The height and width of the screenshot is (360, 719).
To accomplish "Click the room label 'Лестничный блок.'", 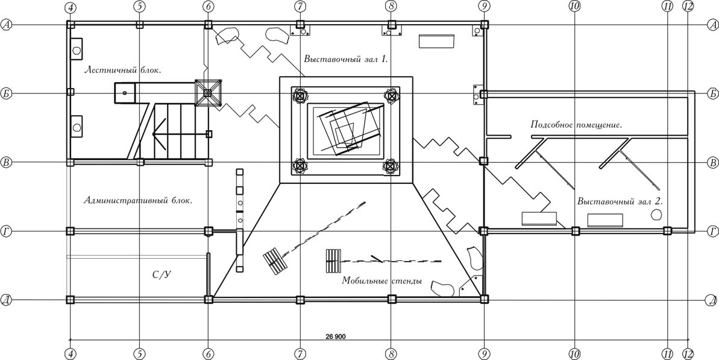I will coord(123,69).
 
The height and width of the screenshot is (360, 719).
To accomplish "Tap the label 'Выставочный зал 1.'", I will coord(345,60).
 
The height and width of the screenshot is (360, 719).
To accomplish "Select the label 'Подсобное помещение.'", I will coord(576,125).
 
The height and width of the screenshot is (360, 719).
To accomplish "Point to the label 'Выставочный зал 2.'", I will coord(620,201).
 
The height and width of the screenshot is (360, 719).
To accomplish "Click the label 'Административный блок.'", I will coord(138,201).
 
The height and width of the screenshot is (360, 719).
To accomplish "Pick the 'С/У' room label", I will coord(162,275).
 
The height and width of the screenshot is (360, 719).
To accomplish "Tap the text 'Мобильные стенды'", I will coord(382,281).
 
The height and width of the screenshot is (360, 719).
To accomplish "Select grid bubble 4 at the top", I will coord(71,7).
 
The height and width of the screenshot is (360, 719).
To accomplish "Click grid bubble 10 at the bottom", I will coord(574,353).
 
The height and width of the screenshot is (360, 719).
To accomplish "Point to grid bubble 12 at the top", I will coord(688,7).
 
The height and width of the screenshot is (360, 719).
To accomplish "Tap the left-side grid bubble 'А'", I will coord(7,25).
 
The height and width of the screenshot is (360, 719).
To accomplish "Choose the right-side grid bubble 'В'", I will coord(712,162).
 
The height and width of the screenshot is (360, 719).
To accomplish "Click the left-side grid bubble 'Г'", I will coord(7,231).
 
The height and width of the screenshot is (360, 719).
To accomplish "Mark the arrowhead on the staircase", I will coord(158,134).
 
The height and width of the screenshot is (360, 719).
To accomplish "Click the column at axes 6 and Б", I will coord(208,93).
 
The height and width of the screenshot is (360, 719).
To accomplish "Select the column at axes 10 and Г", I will coord(575,231).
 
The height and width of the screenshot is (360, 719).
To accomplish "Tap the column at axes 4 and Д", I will coord(71,299).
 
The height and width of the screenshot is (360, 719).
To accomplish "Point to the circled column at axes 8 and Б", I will coord(391,95).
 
